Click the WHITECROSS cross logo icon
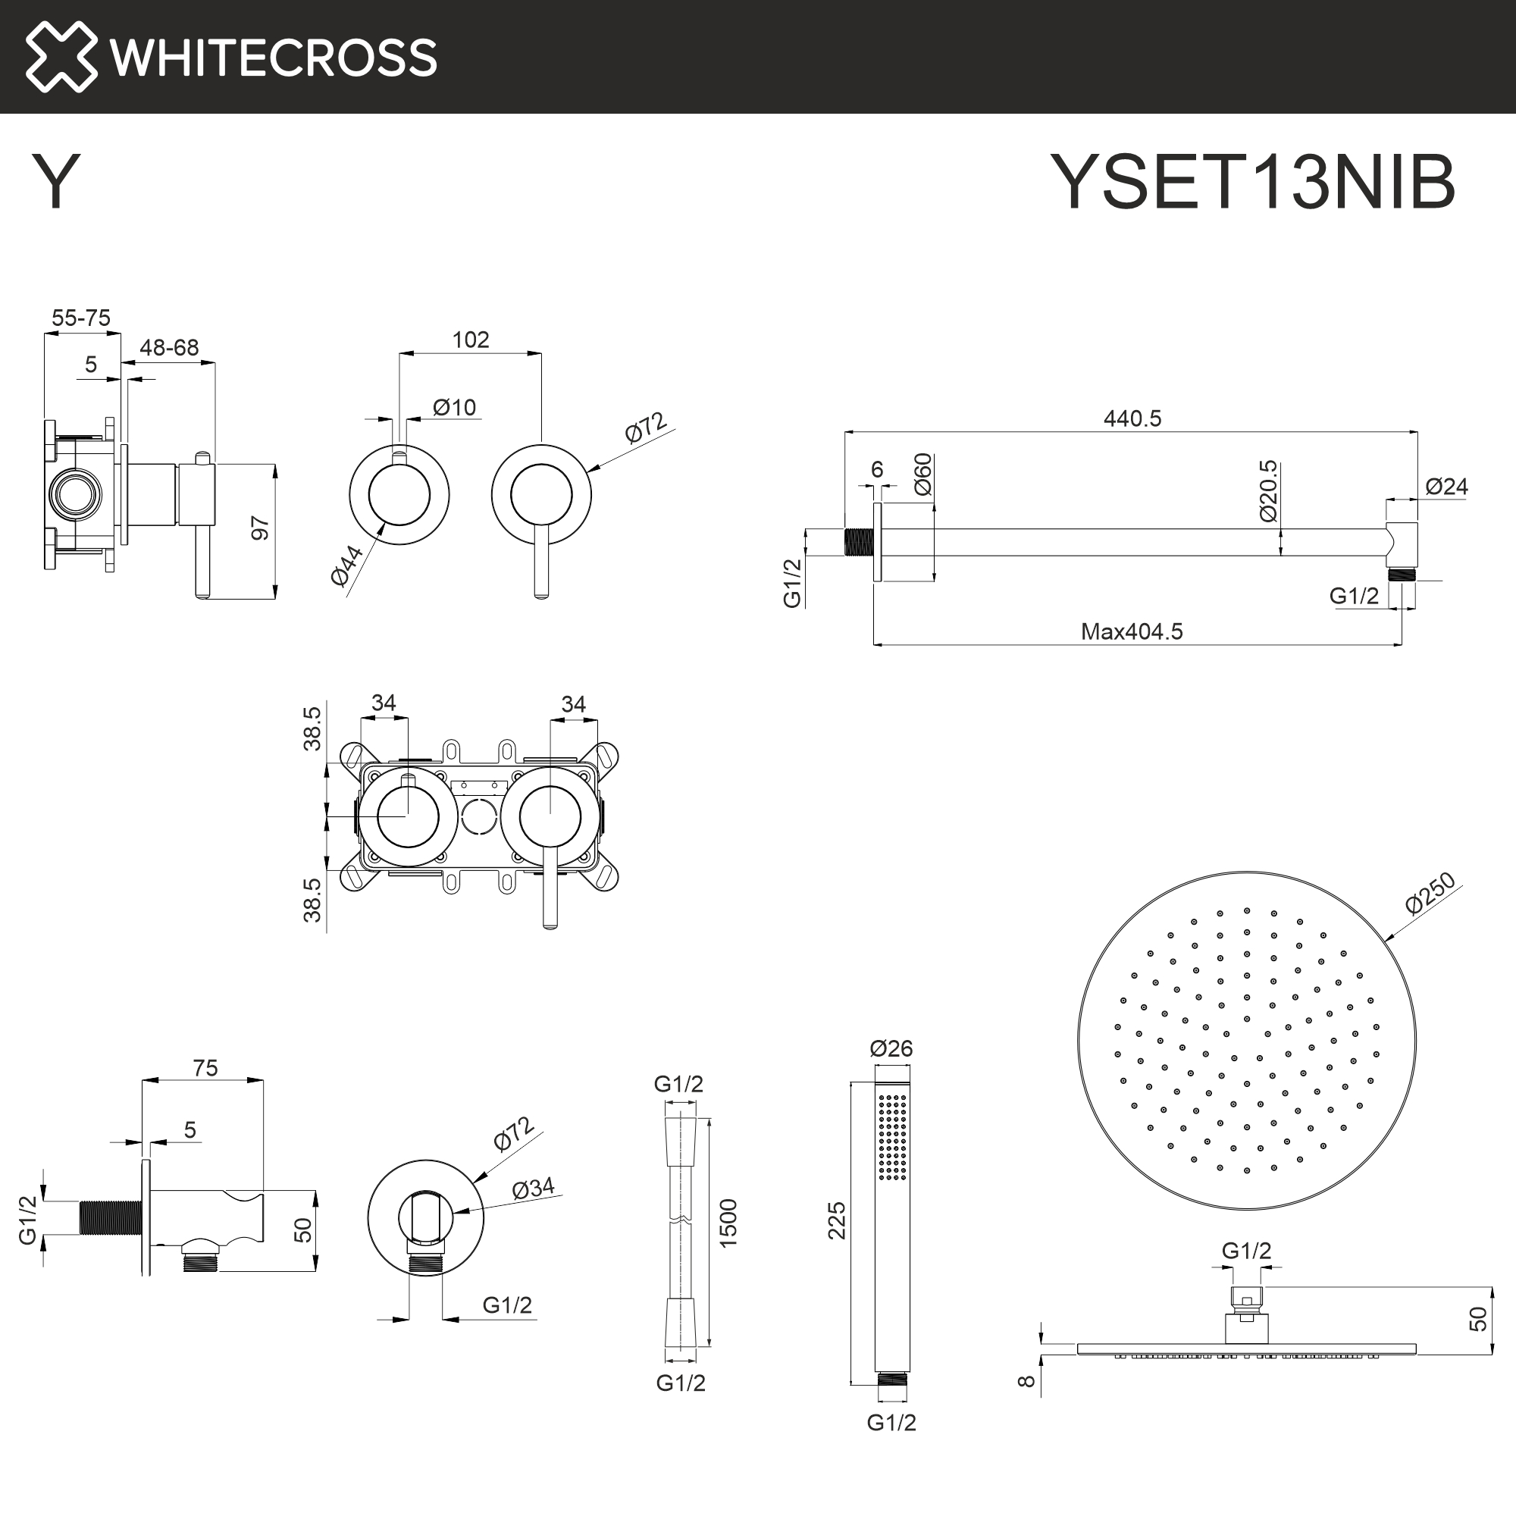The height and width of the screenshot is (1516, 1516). (x=61, y=57)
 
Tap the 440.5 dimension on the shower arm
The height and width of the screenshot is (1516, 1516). (x=1132, y=418)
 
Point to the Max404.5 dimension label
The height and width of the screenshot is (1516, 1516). (x=1132, y=631)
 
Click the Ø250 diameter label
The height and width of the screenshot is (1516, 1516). (x=1430, y=893)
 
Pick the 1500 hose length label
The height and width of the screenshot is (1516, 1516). (x=728, y=1223)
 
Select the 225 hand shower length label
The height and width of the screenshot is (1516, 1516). (x=837, y=1220)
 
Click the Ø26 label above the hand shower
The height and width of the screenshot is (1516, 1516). (x=891, y=1048)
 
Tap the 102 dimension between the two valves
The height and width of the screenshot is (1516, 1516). (x=470, y=340)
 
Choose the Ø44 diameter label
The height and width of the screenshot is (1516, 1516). (x=346, y=565)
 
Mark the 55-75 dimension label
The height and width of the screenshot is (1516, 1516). (x=81, y=318)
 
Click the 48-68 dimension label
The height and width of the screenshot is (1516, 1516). (x=169, y=348)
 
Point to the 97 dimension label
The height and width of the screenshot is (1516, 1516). (x=260, y=528)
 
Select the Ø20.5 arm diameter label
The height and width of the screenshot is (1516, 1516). (x=1268, y=491)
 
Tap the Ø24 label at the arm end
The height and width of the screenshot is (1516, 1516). (x=1446, y=487)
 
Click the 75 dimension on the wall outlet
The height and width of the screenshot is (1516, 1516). (x=205, y=1068)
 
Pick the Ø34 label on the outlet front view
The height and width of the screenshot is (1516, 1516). (x=533, y=1189)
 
